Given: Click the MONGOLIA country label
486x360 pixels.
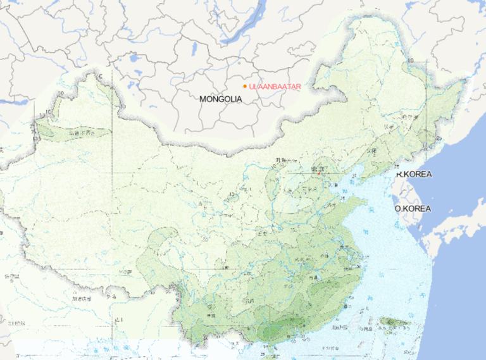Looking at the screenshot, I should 220,99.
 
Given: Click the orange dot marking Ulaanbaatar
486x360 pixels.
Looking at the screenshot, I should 245,86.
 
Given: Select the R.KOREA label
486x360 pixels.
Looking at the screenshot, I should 414,174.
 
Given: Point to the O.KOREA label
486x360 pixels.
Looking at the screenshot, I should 412,208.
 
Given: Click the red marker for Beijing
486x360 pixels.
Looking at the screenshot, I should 320,171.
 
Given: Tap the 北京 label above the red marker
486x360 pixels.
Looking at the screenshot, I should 317,166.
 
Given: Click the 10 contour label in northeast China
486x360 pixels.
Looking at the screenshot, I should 410,61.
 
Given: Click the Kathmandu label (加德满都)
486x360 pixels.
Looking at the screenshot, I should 82,297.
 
